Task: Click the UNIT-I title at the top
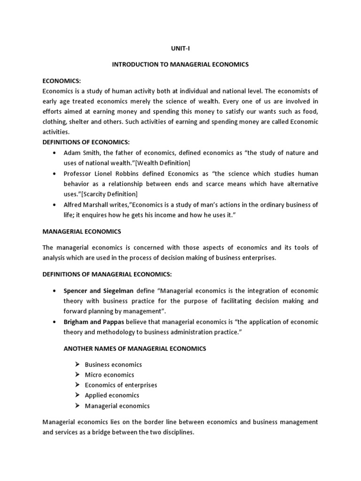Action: tap(180, 48)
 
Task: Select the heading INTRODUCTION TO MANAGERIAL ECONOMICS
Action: tap(180, 64)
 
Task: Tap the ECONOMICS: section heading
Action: tap(62, 81)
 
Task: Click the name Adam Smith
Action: tap(80, 153)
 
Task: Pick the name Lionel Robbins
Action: tap(109, 173)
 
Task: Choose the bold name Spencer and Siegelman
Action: tap(98, 291)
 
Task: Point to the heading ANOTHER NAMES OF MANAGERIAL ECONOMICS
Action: tap(134, 349)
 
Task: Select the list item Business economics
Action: tap(113, 365)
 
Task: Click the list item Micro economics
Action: tap(110, 375)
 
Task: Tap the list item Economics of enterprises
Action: tap(121, 385)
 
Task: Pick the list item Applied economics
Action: tap(112, 396)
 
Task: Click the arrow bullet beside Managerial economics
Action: tap(78, 406)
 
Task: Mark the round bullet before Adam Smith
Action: tap(55, 153)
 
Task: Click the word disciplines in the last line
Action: tap(177, 432)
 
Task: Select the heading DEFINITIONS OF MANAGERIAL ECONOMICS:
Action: tap(108, 274)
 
